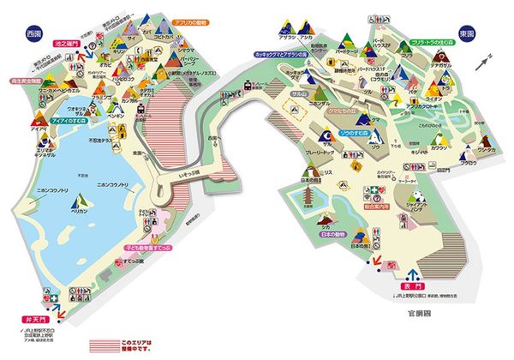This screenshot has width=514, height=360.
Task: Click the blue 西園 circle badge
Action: (33, 34)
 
